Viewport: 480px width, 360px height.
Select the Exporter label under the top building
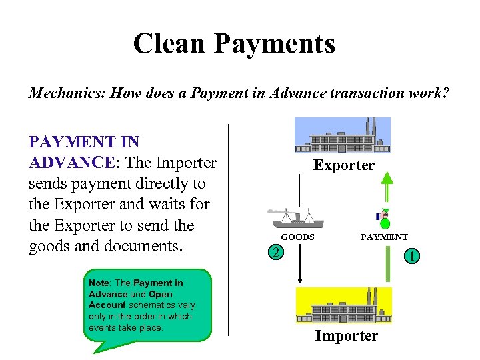coord(344,165)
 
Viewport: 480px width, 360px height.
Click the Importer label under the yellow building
coord(346,336)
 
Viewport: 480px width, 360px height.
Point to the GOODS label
coord(297,237)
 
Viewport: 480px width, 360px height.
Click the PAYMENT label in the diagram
coord(384,237)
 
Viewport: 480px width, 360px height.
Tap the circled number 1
coord(413,255)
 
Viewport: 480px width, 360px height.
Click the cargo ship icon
coord(296,219)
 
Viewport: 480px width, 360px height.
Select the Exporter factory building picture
coord(343,136)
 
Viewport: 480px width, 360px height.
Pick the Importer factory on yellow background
coord(343,305)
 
